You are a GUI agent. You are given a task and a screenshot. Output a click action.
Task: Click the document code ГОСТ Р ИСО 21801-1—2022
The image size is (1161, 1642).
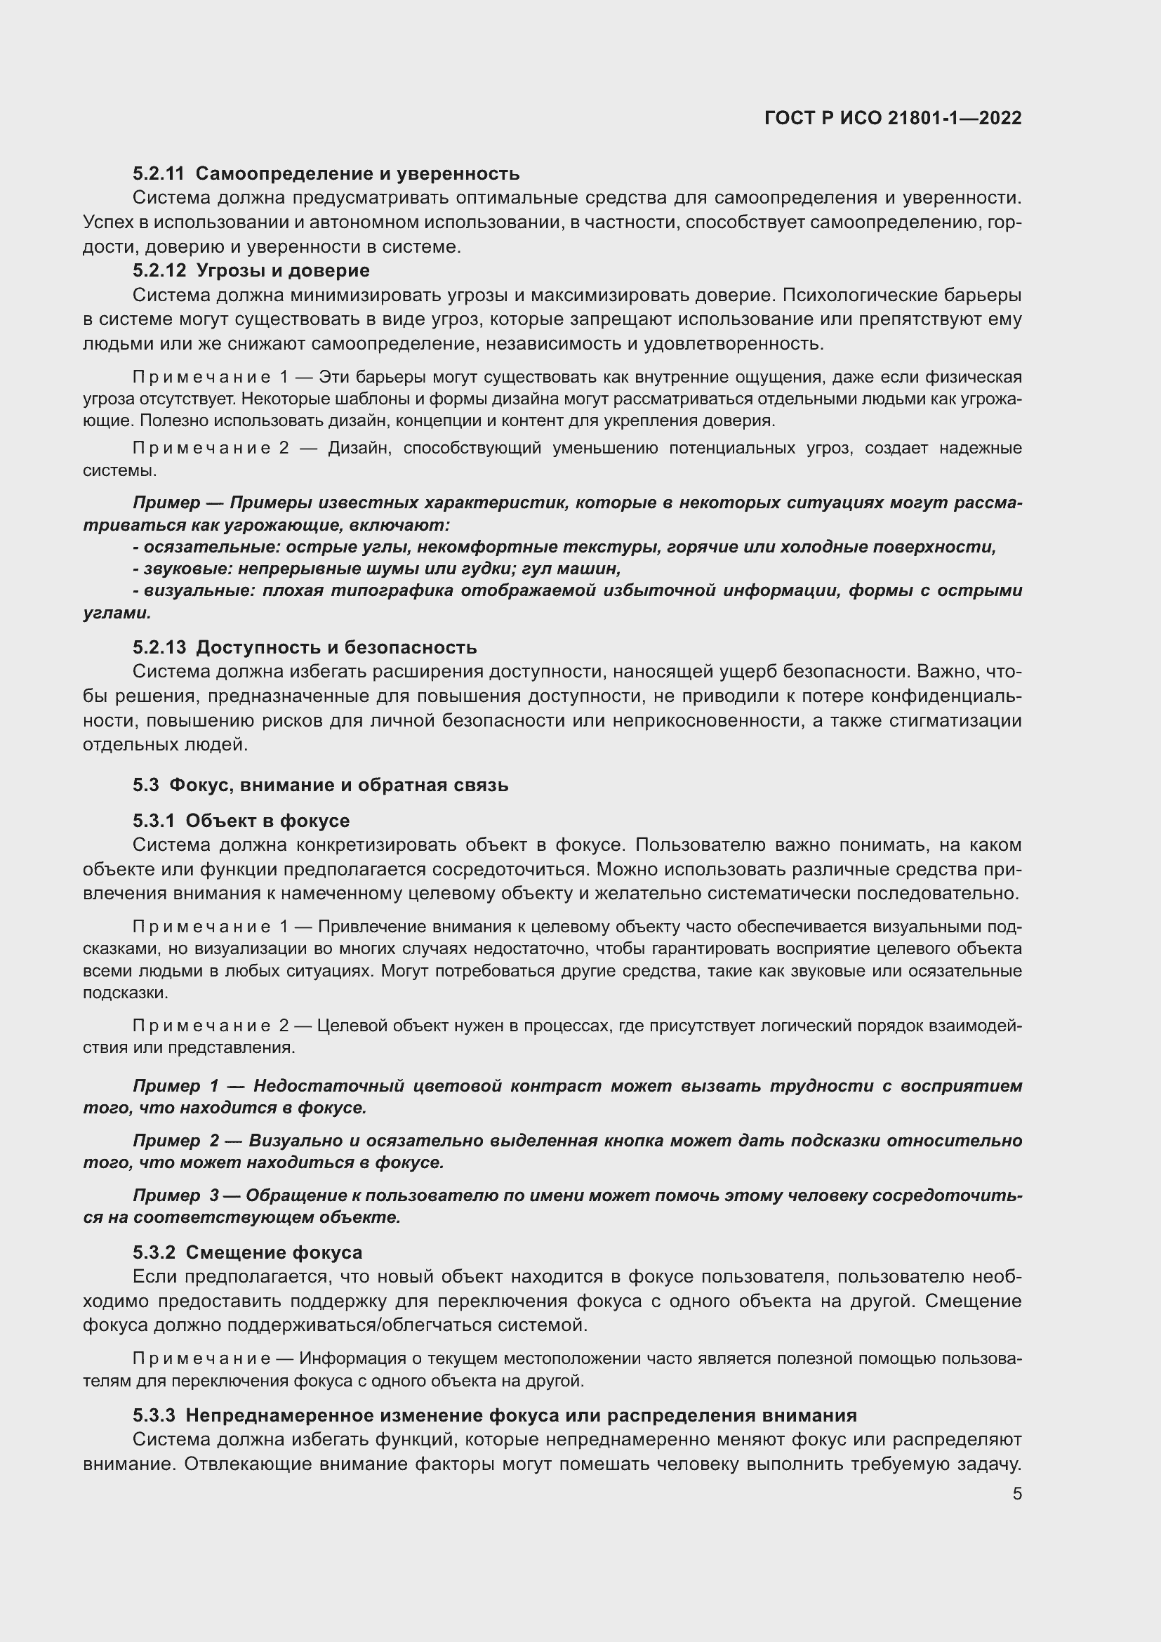tap(892, 118)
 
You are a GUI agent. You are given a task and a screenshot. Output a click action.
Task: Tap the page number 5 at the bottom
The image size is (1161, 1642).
tap(1016, 1494)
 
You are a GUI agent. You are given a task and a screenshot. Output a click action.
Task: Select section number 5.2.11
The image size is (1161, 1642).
tap(158, 174)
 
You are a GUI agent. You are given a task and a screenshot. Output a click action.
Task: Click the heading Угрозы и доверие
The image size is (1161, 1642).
tap(282, 271)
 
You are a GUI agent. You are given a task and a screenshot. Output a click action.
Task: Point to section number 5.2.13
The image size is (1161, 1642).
tap(159, 648)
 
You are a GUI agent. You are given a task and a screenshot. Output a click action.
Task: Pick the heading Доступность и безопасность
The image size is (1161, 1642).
tap(336, 648)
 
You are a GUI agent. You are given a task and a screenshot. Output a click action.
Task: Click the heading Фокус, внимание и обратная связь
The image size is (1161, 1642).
tap(338, 786)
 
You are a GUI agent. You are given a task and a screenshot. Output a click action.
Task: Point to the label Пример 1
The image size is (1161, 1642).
tap(176, 1085)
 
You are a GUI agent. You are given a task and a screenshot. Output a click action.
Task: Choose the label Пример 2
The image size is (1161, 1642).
tap(176, 1141)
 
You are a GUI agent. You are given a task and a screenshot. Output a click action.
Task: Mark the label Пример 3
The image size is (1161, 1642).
tap(176, 1195)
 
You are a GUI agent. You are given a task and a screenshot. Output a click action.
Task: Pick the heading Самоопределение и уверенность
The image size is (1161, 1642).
tap(357, 174)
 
